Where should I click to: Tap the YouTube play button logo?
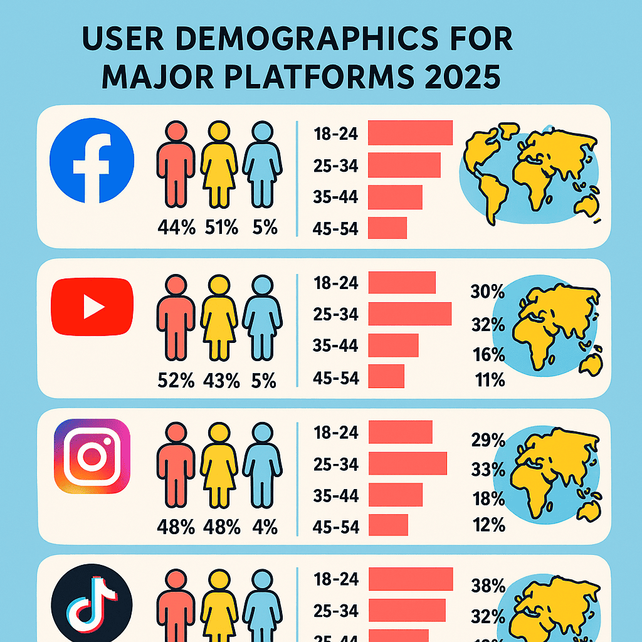coord(92,306)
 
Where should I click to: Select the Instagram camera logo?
coord(92,456)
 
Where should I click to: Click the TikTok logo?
coord(92,601)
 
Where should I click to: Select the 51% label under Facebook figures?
coord(221,227)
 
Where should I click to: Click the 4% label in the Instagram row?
coord(265,527)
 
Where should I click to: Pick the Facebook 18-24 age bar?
coord(410,133)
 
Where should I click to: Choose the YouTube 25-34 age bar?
coord(410,313)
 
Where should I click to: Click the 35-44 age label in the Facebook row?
coord(335,197)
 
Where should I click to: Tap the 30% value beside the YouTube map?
coord(487,292)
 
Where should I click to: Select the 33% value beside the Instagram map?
coord(488,469)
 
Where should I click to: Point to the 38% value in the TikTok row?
coord(488,586)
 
